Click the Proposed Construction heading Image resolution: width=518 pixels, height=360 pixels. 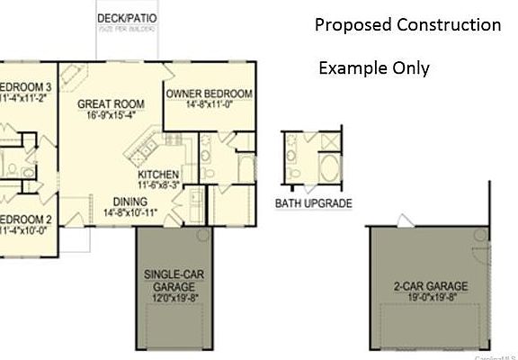(407, 25)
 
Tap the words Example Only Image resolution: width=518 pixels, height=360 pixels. (373, 68)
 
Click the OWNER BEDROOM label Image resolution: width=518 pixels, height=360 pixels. (209, 94)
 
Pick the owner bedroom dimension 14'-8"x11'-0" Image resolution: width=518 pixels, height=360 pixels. (209, 105)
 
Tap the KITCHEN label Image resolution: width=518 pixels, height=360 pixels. (158, 175)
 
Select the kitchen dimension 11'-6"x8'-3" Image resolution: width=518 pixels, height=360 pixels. (158, 185)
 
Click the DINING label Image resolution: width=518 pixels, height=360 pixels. (130, 202)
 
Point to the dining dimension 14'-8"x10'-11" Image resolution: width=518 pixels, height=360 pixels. (130, 213)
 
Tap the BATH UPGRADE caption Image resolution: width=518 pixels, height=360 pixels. (313, 204)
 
